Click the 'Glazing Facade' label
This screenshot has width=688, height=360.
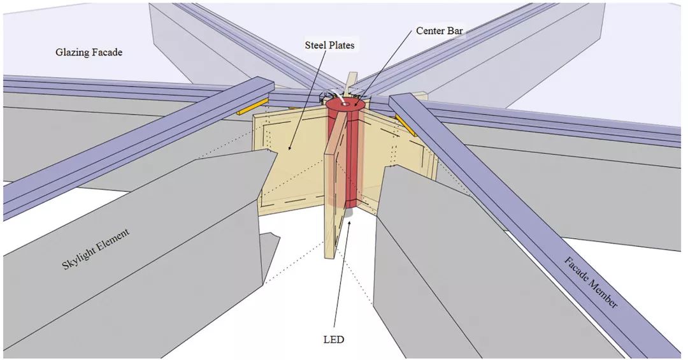[x=89, y=52]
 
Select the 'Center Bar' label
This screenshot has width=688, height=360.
[x=439, y=31]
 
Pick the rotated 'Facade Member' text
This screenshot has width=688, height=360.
[x=591, y=282]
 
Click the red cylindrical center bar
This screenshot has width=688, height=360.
[x=345, y=153]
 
